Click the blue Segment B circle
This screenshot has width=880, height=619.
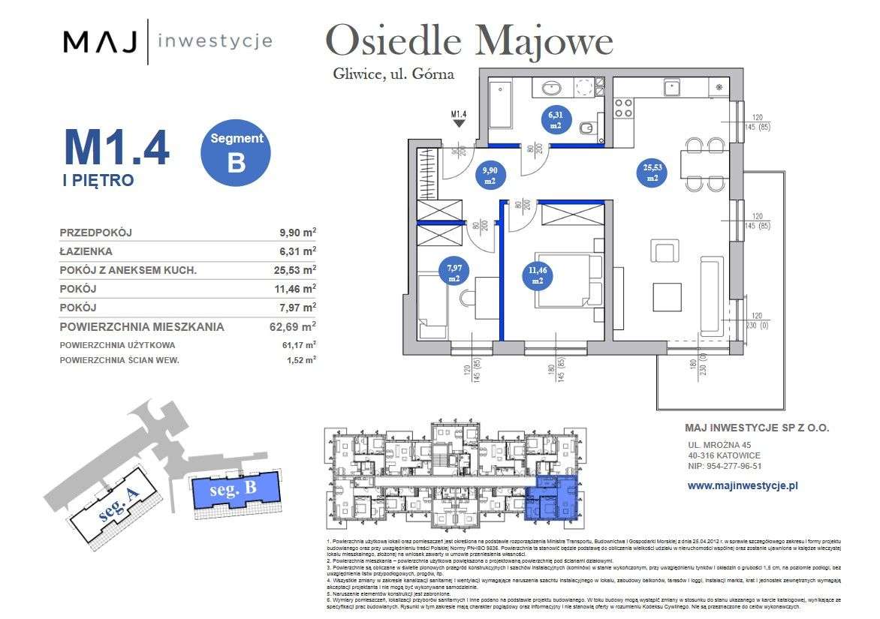(x=237, y=154)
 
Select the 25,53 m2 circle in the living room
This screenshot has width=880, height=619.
(x=651, y=173)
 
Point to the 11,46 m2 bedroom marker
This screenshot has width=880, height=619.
(x=538, y=275)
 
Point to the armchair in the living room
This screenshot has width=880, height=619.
(x=665, y=250)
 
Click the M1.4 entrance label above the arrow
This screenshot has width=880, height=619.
(x=459, y=115)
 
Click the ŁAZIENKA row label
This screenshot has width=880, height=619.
(x=86, y=251)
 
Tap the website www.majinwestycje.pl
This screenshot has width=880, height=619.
(x=742, y=485)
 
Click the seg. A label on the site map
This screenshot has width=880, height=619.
(x=120, y=510)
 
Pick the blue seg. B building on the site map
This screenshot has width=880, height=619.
(x=235, y=491)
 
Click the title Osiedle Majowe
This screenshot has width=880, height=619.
(x=470, y=41)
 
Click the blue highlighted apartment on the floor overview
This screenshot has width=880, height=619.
(x=554, y=497)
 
